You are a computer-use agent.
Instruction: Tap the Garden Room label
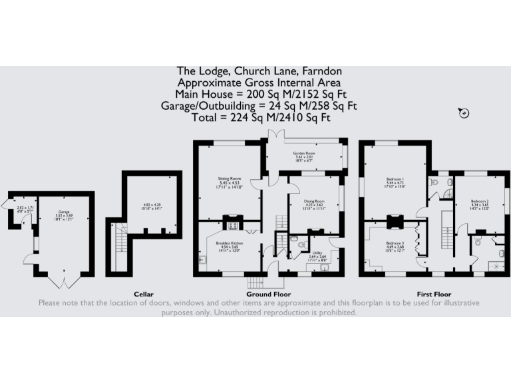[303, 153]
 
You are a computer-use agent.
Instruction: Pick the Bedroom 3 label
[395, 243]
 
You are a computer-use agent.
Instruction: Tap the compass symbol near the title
[464, 113]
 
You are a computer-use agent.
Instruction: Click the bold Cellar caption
[143, 294]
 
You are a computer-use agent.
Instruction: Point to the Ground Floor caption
[268, 294]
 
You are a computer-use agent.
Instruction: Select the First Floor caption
[434, 294]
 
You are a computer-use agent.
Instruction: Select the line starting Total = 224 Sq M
[255, 118]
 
